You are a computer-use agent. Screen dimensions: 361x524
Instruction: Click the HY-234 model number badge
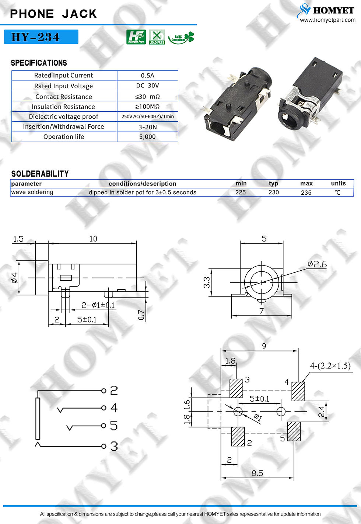(41, 37)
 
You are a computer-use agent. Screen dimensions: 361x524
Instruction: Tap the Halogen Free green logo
(136, 37)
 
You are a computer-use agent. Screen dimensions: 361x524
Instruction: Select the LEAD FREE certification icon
(157, 37)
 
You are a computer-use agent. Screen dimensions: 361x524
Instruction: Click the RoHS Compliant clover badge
(181, 38)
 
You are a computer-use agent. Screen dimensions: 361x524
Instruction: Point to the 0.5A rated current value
(147, 76)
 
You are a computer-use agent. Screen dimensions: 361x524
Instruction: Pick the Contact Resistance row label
(64, 97)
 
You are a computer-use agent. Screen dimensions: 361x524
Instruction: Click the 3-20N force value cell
(148, 127)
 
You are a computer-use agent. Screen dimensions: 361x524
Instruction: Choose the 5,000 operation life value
(147, 136)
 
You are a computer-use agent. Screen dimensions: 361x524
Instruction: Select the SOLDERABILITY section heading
(40, 174)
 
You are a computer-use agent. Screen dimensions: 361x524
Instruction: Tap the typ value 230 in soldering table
(274, 192)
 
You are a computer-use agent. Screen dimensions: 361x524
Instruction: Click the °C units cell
(338, 192)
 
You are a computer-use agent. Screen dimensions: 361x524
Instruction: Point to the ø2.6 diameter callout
(317, 264)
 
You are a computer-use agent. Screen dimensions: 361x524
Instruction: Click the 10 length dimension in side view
(93, 239)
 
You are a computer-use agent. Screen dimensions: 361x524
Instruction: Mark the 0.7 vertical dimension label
(141, 315)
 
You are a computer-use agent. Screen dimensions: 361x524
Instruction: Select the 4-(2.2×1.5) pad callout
(330, 366)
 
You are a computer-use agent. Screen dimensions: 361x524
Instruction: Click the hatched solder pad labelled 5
(294, 431)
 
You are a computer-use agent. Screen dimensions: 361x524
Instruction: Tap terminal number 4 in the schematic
(114, 408)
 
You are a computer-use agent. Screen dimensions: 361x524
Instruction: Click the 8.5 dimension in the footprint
(257, 473)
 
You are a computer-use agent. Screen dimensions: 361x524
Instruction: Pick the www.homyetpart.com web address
(327, 20)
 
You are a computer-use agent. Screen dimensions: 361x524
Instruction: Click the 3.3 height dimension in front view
(207, 282)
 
